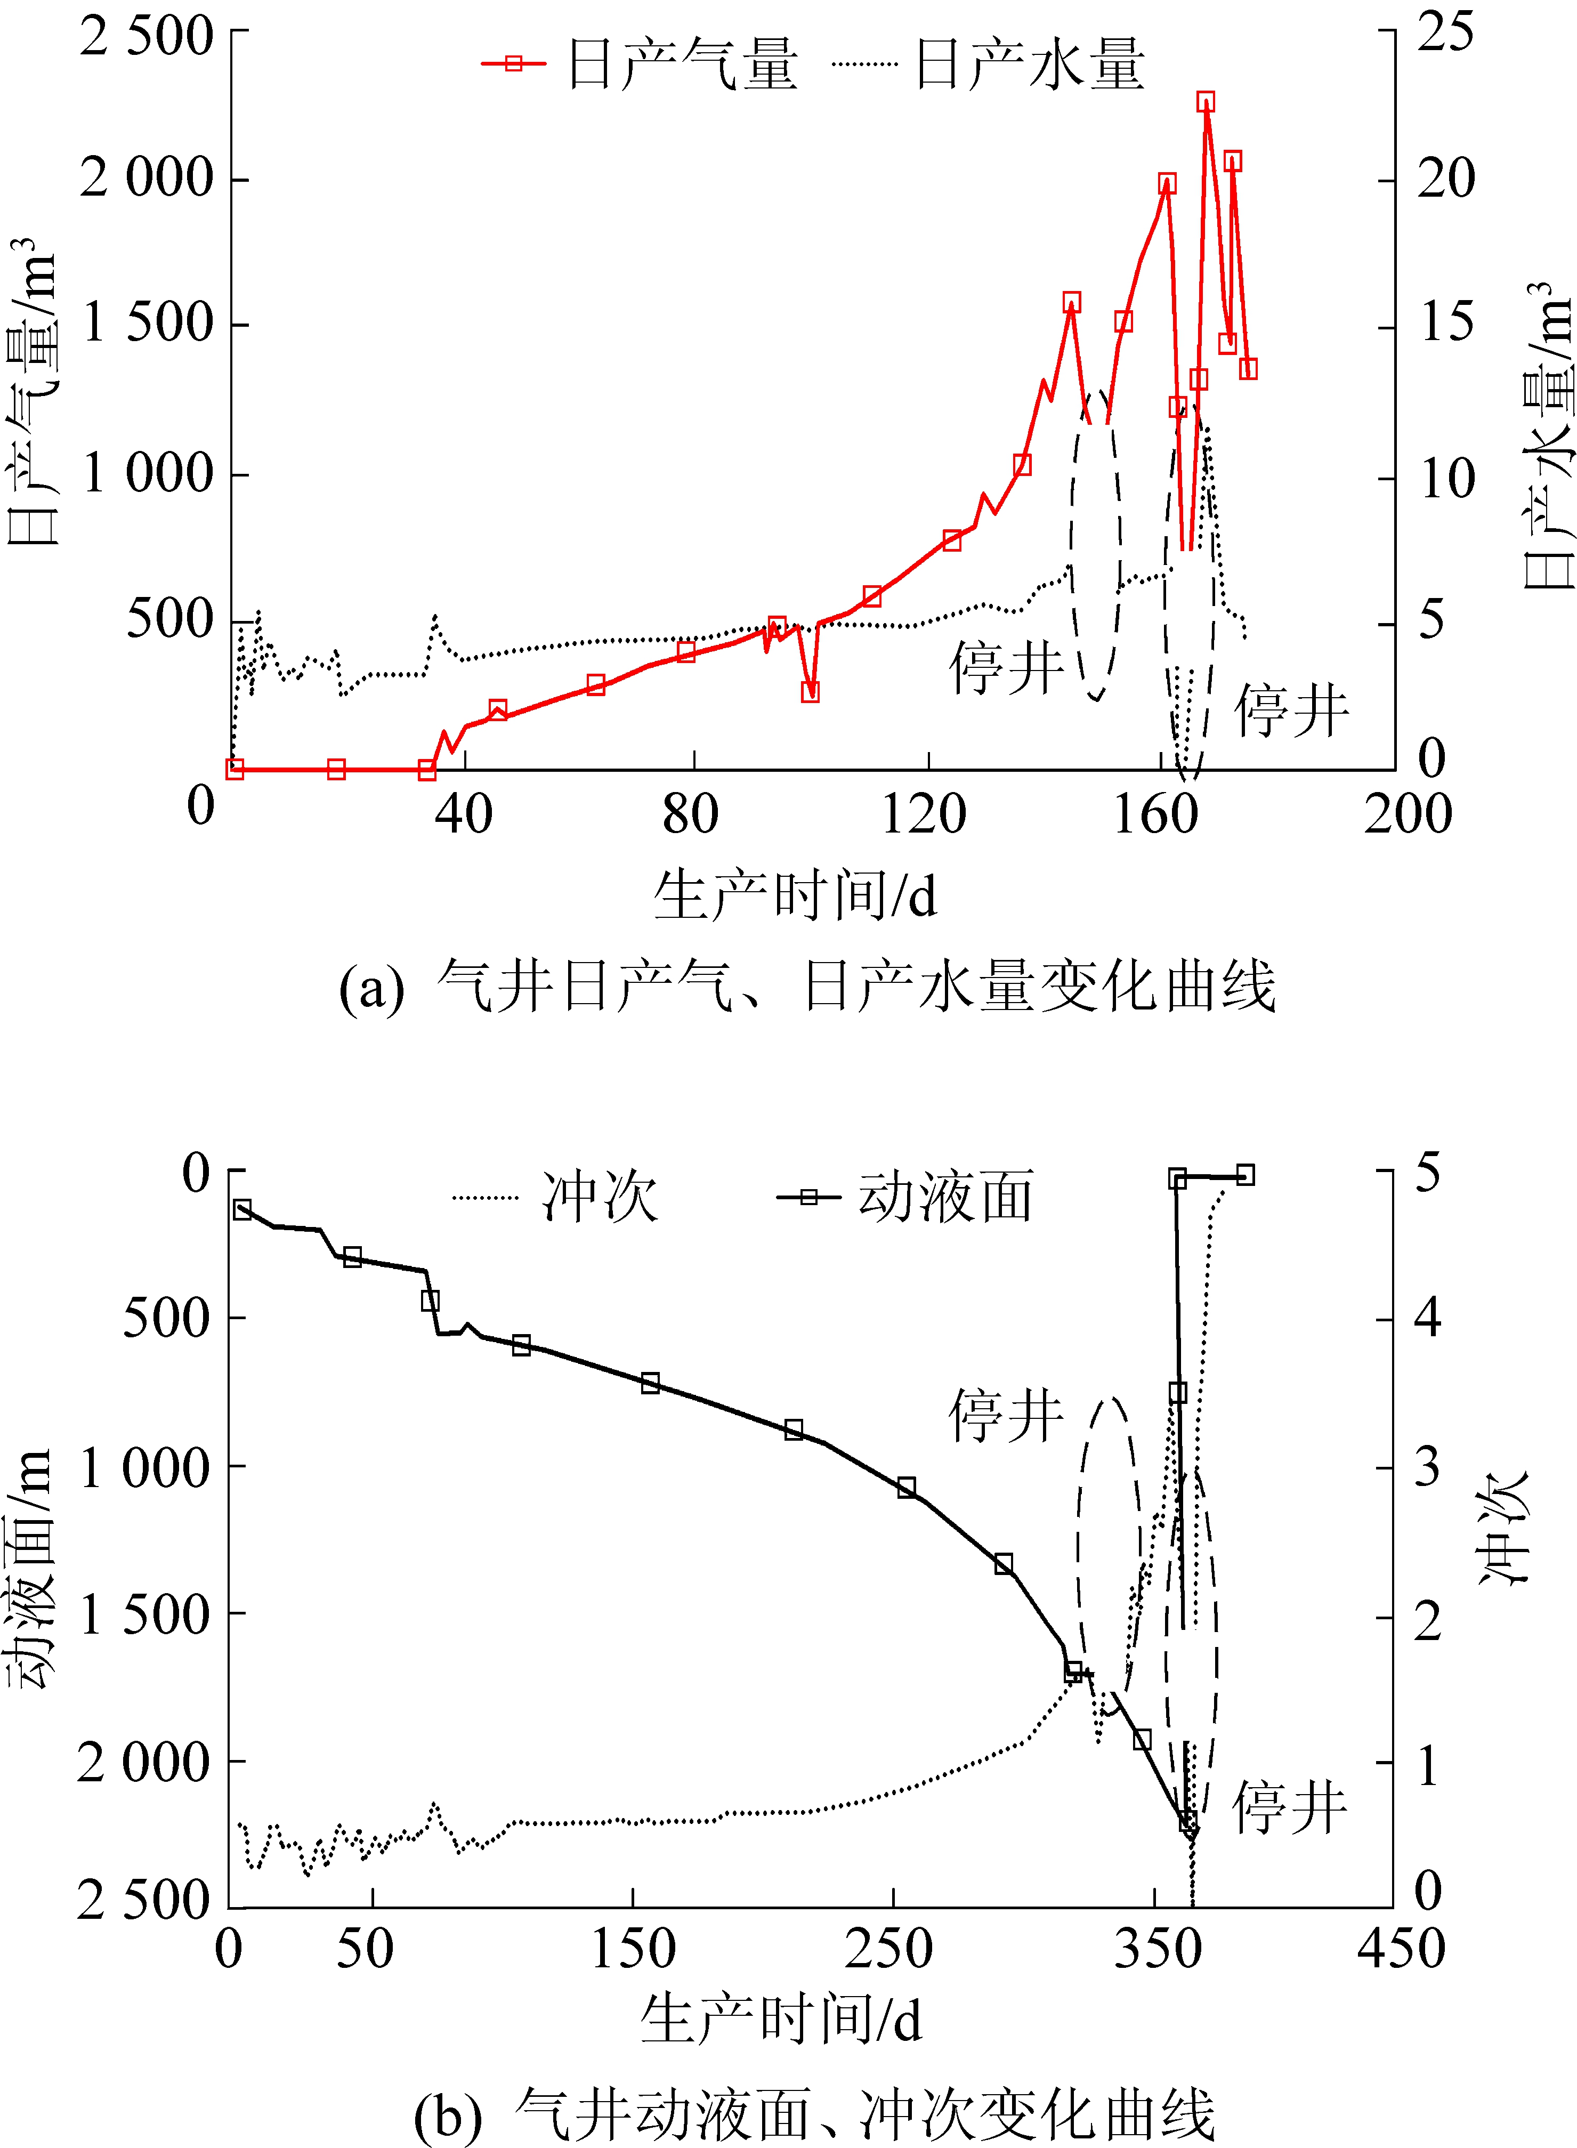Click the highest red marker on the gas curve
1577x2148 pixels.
[x=1206, y=103]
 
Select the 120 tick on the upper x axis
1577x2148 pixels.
[x=923, y=814]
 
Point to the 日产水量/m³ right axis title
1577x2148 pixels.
[x=1547, y=434]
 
